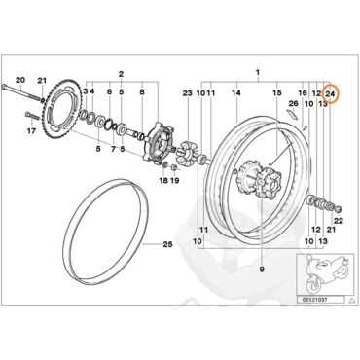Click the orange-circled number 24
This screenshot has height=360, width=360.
tap(330, 93)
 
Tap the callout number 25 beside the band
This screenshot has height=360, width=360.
tap(167, 244)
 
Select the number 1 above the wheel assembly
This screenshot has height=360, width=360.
tap(258, 72)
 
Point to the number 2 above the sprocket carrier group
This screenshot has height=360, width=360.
tap(121, 74)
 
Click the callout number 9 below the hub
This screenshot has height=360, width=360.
tap(262, 269)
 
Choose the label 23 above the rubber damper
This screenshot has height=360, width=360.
tap(187, 93)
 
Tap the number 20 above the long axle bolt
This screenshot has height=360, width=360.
tap(20, 80)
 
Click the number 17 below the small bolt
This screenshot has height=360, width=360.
tap(31, 131)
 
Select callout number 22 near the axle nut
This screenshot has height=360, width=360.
tap(339, 222)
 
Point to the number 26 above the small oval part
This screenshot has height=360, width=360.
tap(293, 103)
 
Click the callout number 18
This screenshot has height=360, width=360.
tap(163, 180)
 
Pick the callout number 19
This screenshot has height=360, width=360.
tap(174, 180)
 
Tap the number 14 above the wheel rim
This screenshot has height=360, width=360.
tap(236, 93)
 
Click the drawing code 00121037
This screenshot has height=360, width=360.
tap(314, 300)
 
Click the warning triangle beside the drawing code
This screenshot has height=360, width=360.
tap(351, 300)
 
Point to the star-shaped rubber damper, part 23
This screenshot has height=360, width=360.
tap(187, 153)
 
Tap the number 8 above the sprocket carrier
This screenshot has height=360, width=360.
tap(142, 92)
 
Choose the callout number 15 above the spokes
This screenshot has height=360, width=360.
tap(276, 93)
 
